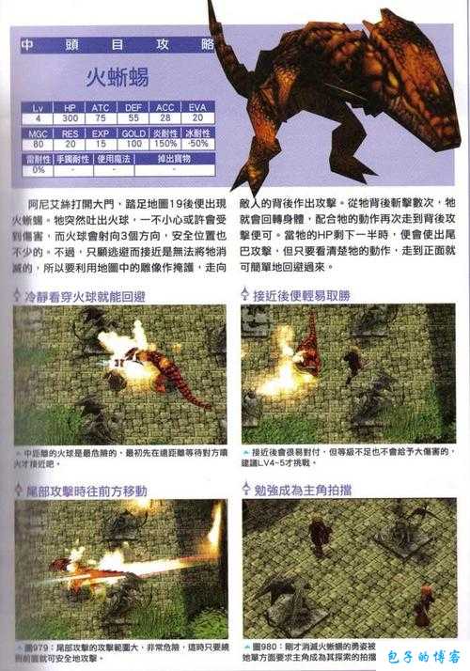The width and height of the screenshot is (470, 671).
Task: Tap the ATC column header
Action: (x=101, y=107)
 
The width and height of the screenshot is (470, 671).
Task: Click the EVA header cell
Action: (x=198, y=107)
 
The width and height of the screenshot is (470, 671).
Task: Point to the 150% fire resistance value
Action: (x=165, y=144)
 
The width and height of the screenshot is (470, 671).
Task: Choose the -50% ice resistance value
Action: (x=198, y=144)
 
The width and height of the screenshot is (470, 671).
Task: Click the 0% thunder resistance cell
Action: (x=37, y=170)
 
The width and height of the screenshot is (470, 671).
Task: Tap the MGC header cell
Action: (x=37, y=133)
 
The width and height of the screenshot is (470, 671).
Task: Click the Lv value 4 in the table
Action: (x=37, y=118)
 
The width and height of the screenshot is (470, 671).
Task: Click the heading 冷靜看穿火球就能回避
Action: (x=86, y=295)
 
